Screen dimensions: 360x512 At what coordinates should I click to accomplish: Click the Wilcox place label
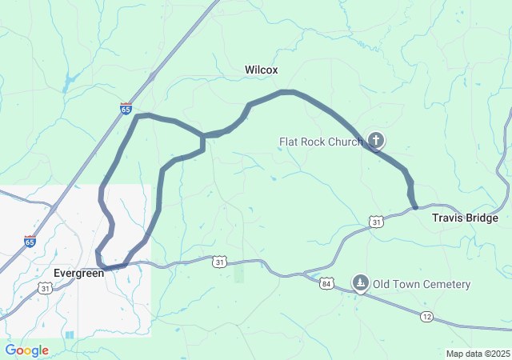[261, 70]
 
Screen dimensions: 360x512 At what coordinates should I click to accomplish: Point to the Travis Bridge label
[465, 218]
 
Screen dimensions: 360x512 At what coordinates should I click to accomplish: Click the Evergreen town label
[78, 274]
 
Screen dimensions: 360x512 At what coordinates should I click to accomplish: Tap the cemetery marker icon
[361, 283]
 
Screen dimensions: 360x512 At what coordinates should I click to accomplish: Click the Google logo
[26, 350]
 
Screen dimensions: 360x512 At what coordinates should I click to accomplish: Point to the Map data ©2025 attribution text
[477, 354]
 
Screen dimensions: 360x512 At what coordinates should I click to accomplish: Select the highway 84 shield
[326, 283]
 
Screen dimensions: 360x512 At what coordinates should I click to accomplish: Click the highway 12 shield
[426, 318]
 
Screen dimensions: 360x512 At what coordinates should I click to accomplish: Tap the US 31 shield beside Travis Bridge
[376, 221]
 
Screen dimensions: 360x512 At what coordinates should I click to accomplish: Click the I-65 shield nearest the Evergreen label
[30, 242]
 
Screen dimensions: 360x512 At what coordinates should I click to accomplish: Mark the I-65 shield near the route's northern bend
[126, 108]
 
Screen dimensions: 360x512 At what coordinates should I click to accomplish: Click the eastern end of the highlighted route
[415, 207]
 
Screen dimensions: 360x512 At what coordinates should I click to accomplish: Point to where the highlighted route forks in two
[202, 136]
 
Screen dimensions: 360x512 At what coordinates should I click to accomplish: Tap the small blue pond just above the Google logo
[69, 334]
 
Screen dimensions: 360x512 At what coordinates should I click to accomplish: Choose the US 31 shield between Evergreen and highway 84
[220, 262]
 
